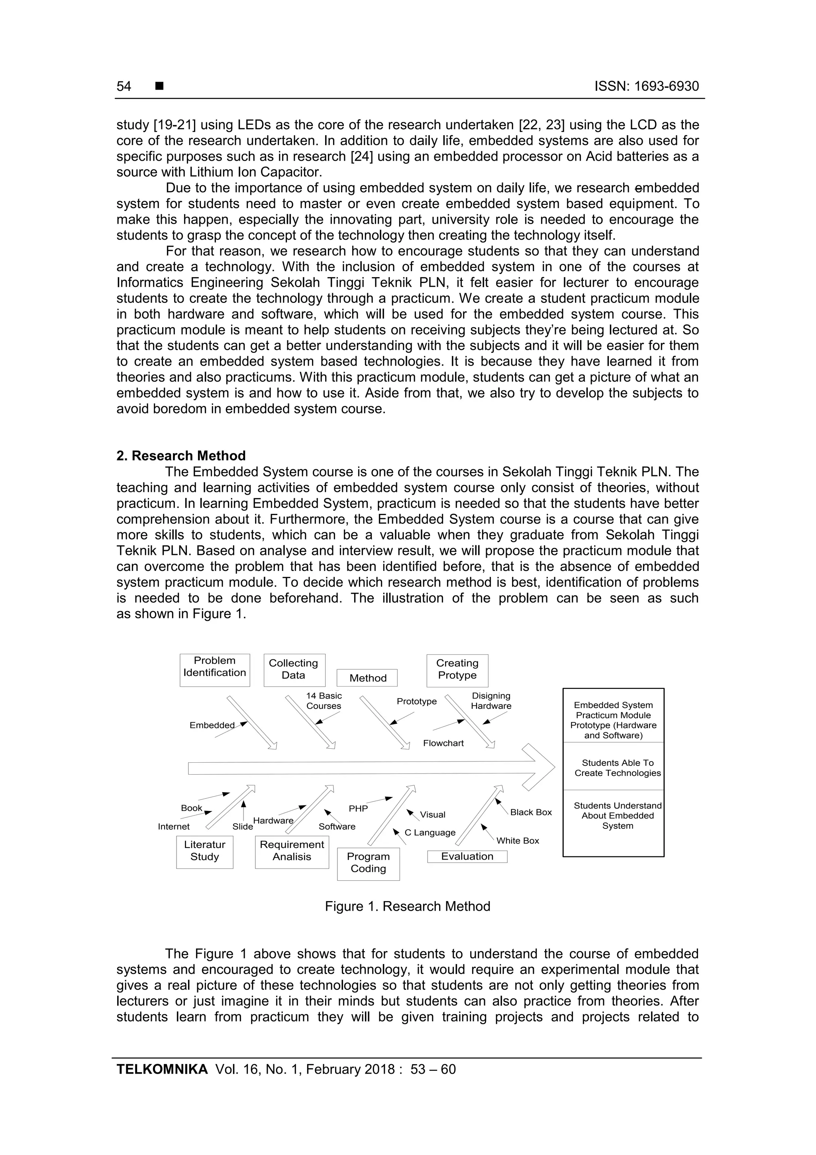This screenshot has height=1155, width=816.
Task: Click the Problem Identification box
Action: click(215, 670)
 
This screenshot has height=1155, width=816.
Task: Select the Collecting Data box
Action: click(294, 670)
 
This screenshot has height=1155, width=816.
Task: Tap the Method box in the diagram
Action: click(367, 678)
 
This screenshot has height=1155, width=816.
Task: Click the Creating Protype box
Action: click(457, 670)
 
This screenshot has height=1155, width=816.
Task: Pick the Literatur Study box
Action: click(205, 852)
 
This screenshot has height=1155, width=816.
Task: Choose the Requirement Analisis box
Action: click(292, 852)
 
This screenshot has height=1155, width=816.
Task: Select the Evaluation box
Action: click(467, 857)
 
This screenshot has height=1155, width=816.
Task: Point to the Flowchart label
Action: click(443, 743)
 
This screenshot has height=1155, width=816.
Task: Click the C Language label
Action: click(430, 832)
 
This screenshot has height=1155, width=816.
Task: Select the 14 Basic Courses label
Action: click(324, 701)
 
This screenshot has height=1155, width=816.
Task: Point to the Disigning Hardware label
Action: click(491, 701)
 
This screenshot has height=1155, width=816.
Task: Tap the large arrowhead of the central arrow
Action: click(538, 767)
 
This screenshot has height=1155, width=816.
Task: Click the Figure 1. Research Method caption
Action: click(407, 907)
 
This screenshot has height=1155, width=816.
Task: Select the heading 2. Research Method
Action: click(181, 456)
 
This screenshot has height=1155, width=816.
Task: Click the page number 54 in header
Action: click(124, 87)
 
